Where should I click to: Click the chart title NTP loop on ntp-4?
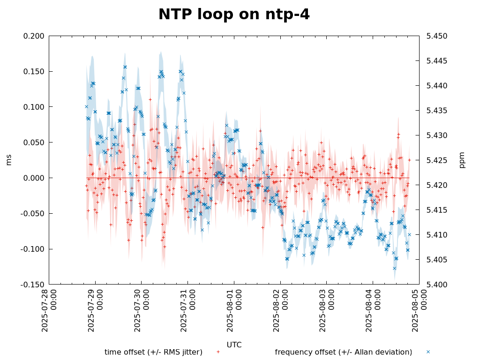(234, 15)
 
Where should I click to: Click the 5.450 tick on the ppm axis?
(435, 36)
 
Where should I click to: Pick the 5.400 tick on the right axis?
(435, 285)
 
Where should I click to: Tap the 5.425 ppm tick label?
(435, 160)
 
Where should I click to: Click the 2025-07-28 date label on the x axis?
(49, 310)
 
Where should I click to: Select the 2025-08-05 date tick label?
(419, 310)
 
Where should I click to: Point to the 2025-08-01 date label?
(234, 310)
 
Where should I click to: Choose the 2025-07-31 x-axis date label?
(187, 310)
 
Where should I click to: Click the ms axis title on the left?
(9, 160)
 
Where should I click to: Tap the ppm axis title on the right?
(462, 160)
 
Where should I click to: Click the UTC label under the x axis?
(234, 345)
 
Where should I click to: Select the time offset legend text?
(153, 352)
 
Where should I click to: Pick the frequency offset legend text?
(344, 352)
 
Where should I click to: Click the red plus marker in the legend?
(218, 352)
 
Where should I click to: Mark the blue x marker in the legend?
(428, 352)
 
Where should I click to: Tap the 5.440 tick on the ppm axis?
(435, 86)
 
